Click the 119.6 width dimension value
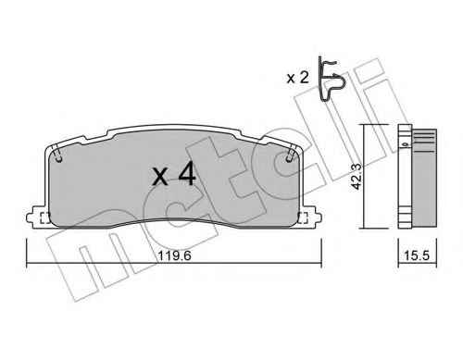tap(174, 255)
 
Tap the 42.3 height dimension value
tap(357, 177)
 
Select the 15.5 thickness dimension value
tap(417, 255)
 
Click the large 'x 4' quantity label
tap(174, 174)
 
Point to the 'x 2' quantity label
tap(297, 78)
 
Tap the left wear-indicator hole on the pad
tap(59, 159)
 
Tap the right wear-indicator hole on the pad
tap(289, 158)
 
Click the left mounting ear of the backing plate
tap(37, 217)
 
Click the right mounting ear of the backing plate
tap(310, 217)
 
